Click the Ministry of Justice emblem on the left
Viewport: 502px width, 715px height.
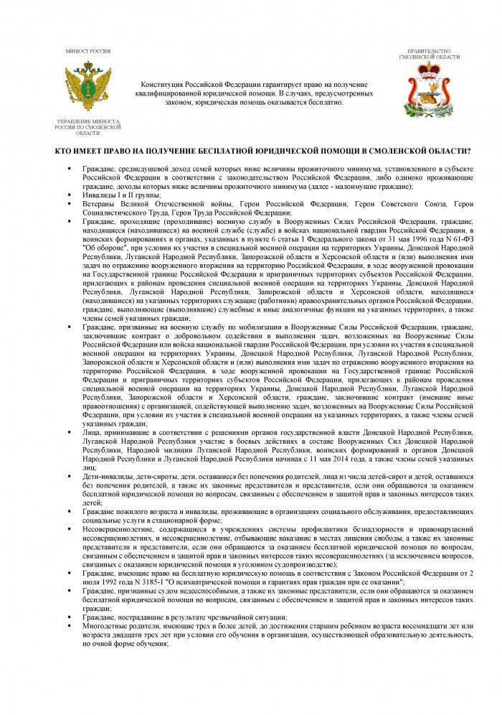click(88, 88)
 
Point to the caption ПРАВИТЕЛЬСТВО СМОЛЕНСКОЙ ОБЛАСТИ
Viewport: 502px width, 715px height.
click(429, 54)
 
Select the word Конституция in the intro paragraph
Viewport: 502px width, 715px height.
click(166, 84)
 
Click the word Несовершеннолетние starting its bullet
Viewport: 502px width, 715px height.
click(116, 529)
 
